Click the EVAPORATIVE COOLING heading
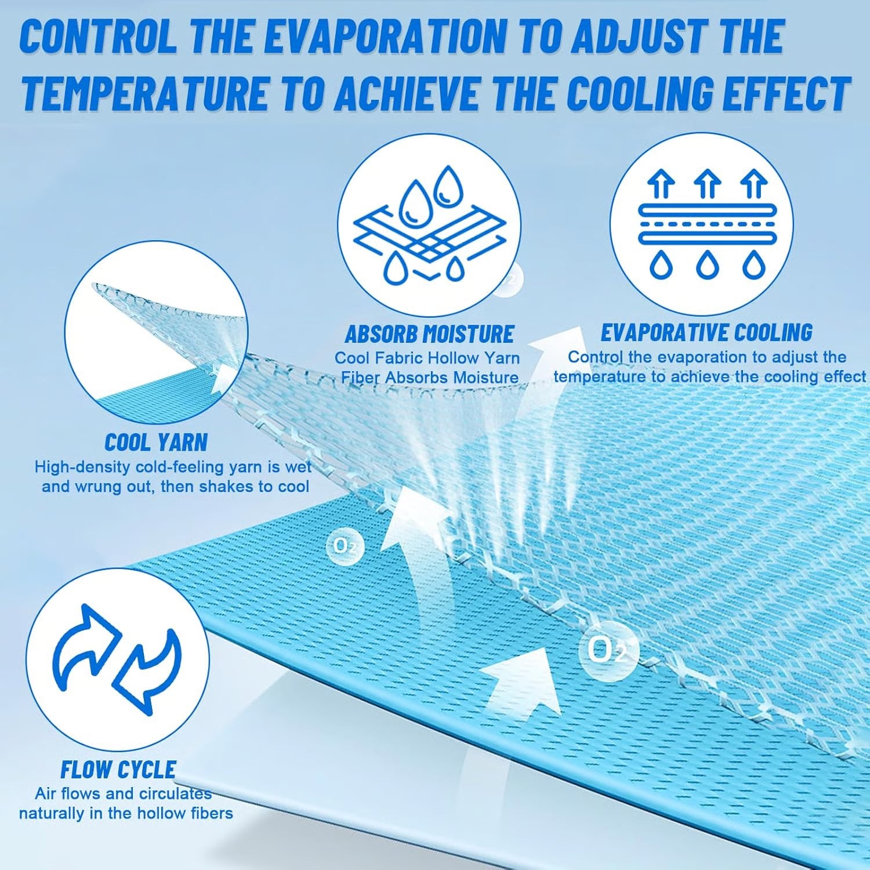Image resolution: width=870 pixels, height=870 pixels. click(x=706, y=332)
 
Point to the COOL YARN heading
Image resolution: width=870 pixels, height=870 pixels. click(x=156, y=443)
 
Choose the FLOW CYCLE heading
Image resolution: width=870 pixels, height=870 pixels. click(x=118, y=770)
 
